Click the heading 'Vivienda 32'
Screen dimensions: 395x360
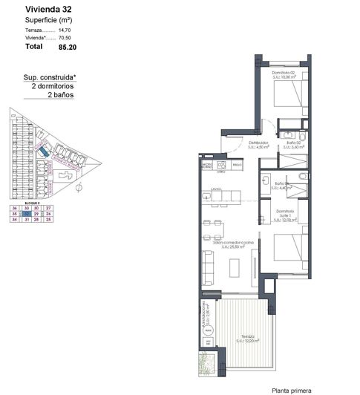47,9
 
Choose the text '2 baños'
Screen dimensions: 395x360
61,96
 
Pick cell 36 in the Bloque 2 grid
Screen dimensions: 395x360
14,207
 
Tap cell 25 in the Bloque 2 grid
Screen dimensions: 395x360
48,220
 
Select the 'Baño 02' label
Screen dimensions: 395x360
295,143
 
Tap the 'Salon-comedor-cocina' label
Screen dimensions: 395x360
232,243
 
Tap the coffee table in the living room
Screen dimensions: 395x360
235,266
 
